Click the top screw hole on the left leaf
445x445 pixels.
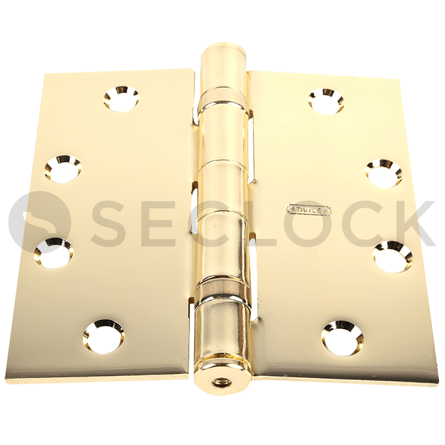click(x=121, y=98)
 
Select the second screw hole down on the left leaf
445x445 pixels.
click(x=63, y=169)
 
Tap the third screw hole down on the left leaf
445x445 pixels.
click(x=54, y=253)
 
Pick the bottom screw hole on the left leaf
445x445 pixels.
click(x=104, y=336)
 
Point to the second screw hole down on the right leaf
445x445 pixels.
click(x=384, y=173)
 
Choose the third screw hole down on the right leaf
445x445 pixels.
click(x=392, y=256)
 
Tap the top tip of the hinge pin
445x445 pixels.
click(x=222, y=47)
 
